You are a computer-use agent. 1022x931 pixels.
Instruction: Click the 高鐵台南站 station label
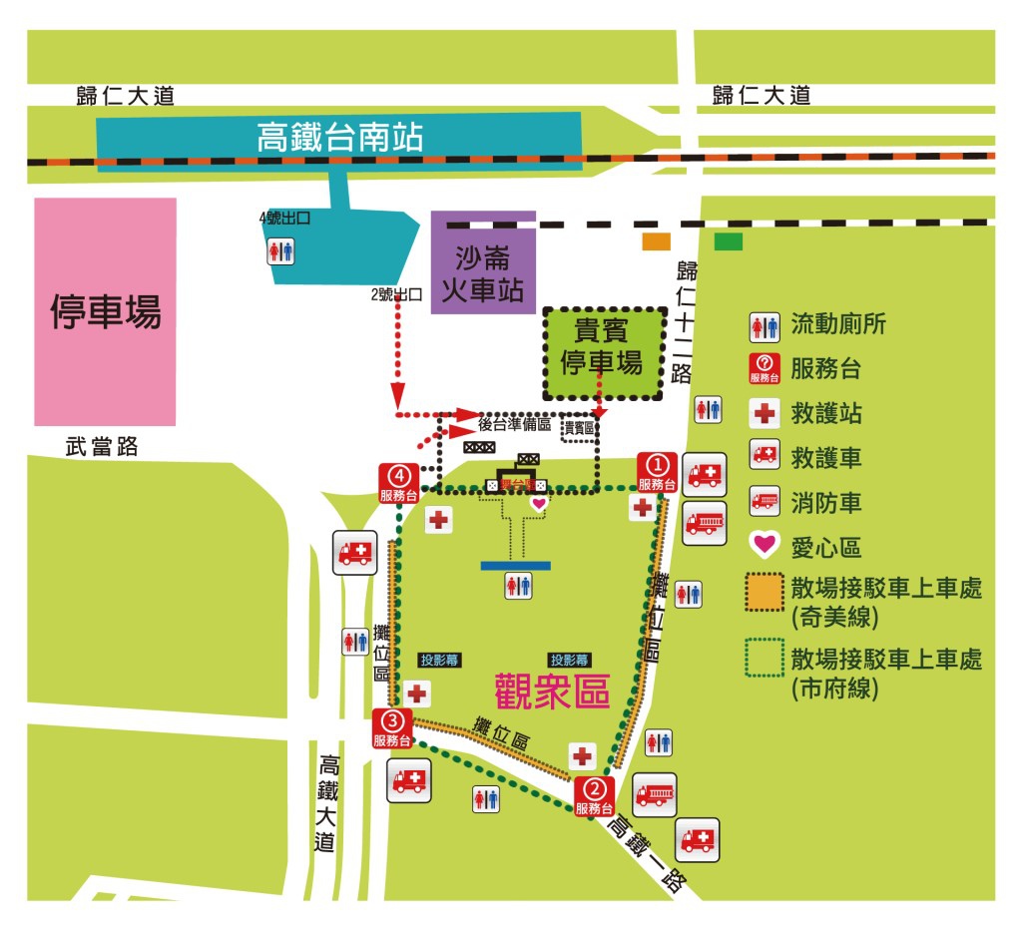[339, 137]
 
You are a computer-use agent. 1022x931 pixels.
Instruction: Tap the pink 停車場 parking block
[105, 311]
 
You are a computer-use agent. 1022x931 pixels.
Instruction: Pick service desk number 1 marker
[658, 472]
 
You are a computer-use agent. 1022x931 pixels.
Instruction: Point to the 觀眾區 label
[552, 690]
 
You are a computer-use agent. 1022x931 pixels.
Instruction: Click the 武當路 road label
[95, 448]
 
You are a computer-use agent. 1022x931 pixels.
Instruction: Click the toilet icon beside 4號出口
[281, 250]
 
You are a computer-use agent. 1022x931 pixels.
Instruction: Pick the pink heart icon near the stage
[539, 505]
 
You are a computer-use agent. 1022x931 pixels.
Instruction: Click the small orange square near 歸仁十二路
[656, 241]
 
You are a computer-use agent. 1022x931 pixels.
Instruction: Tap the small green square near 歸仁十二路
[728, 241]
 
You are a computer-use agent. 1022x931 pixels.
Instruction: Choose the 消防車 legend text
[825, 502]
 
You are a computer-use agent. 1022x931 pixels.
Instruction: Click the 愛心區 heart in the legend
[765, 546]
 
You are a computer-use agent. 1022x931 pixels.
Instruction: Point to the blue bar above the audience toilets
[515, 565]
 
